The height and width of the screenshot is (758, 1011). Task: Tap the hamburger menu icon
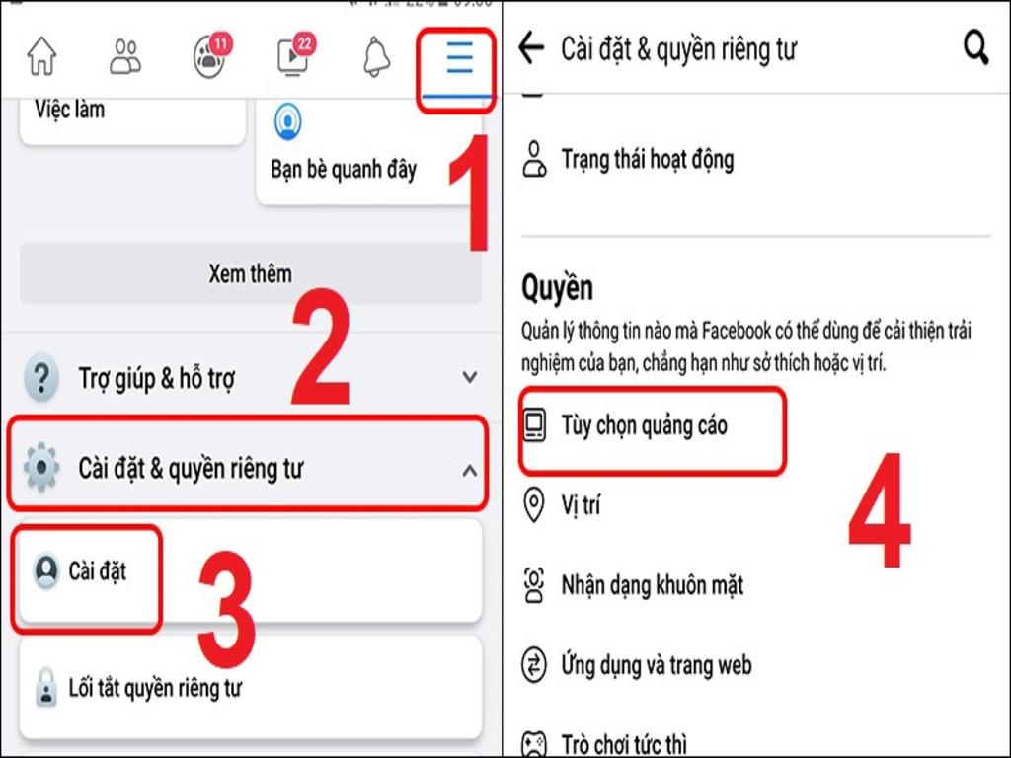458,59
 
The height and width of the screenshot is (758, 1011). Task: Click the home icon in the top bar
41,57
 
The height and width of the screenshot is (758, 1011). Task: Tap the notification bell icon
376,58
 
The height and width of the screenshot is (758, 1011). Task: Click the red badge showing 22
304,43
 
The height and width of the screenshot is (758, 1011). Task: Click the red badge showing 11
220,43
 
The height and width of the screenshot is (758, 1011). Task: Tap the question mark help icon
40,378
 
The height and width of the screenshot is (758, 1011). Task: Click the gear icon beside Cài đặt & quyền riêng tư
41,468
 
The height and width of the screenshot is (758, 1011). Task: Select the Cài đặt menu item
97,571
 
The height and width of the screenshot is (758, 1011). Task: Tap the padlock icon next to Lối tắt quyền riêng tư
45,688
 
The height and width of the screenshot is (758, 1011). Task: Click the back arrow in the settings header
532,48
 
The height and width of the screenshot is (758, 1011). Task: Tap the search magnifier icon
975,48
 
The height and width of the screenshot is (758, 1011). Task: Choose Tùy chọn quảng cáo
644,425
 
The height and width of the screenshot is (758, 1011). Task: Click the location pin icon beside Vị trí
534,506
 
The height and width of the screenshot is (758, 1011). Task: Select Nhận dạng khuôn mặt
652,586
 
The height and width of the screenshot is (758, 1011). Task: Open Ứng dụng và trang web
657,666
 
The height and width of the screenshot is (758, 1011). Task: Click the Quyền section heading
558,288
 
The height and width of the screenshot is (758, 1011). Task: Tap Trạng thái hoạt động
647,159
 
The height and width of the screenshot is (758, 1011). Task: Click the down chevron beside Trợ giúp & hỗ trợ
470,377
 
